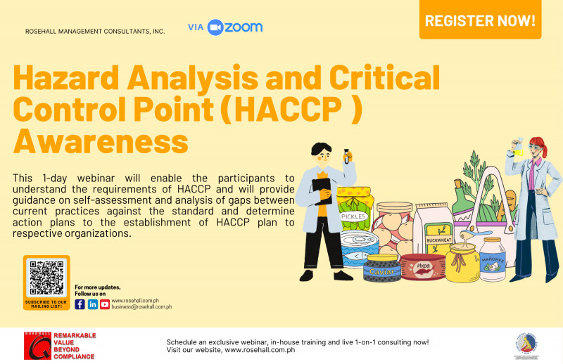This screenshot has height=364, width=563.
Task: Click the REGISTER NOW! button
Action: coord(481,20)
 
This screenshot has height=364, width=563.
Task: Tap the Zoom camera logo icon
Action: coord(215,27)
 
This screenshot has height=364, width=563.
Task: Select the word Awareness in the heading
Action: coord(101,141)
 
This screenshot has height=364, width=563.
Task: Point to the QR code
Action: coord(46,278)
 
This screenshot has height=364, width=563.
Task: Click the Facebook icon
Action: coord(80,304)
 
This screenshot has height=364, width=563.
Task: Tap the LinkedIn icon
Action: coord(92,304)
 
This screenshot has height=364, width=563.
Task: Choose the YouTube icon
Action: coord(105,304)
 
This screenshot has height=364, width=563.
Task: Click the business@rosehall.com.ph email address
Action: coord(141,307)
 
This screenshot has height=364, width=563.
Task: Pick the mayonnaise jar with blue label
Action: coord(493,261)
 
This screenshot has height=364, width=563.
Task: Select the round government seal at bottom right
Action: coord(529,345)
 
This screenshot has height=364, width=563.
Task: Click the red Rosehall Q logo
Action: coord(35,345)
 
